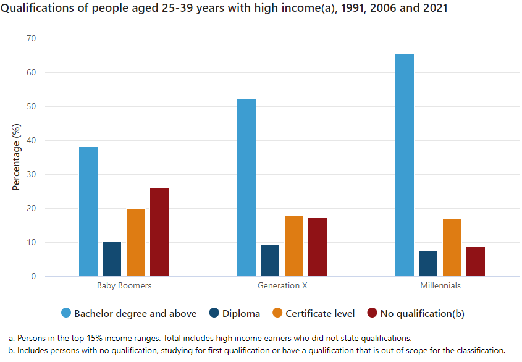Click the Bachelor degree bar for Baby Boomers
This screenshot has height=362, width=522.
pos(88,211)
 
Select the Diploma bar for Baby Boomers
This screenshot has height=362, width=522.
pos(112,259)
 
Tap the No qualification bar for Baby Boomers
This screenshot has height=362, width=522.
pos(159,232)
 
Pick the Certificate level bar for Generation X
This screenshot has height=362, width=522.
pos(294,246)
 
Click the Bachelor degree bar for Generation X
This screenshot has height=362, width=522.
pos(246,188)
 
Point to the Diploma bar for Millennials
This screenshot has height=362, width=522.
pos(428,263)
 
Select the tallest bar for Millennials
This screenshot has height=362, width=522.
pos(405,165)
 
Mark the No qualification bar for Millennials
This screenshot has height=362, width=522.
pos(476,261)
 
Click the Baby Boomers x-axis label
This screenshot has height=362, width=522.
pos(124,286)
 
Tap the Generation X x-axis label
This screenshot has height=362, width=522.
pos(282,286)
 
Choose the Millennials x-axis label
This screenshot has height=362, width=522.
pos(440,286)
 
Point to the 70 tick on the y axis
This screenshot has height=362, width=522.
pos(32,38)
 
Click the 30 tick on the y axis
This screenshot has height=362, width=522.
pos(32,174)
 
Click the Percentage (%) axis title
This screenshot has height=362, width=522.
pos(17,158)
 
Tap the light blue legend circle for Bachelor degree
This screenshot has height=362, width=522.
pos(65,313)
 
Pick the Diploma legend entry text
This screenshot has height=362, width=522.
pos(242,313)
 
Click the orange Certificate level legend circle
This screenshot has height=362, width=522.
pos(277,313)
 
